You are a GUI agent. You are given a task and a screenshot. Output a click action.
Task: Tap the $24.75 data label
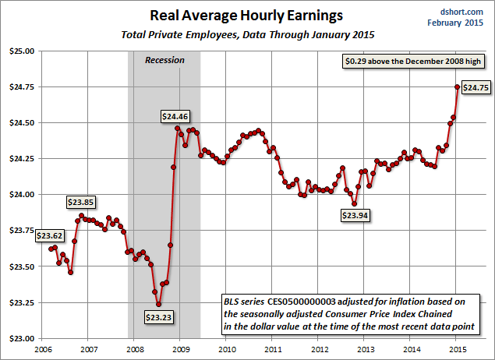475,88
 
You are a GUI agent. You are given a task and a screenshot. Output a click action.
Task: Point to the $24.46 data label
175,116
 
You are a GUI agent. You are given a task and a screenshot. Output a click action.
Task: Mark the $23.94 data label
355,216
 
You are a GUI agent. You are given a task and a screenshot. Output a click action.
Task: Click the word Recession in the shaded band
164,60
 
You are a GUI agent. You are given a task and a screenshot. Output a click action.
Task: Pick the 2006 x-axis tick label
43,350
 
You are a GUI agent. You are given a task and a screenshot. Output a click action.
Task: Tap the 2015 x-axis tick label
457,350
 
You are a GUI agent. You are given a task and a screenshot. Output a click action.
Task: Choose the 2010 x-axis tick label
227,350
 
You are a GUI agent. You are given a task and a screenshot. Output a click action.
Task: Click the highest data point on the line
458,86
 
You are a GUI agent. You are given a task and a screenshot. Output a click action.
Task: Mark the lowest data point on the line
158,305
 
